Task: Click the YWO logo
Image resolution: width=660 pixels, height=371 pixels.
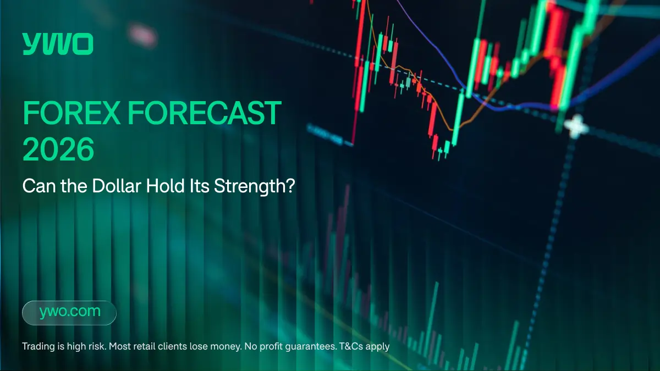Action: pos(58,44)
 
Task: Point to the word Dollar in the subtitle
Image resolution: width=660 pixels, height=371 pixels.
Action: pos(115,186)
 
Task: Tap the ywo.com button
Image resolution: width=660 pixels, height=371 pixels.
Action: pos(69,312)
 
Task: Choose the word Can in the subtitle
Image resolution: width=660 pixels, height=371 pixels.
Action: pos(35,186)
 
